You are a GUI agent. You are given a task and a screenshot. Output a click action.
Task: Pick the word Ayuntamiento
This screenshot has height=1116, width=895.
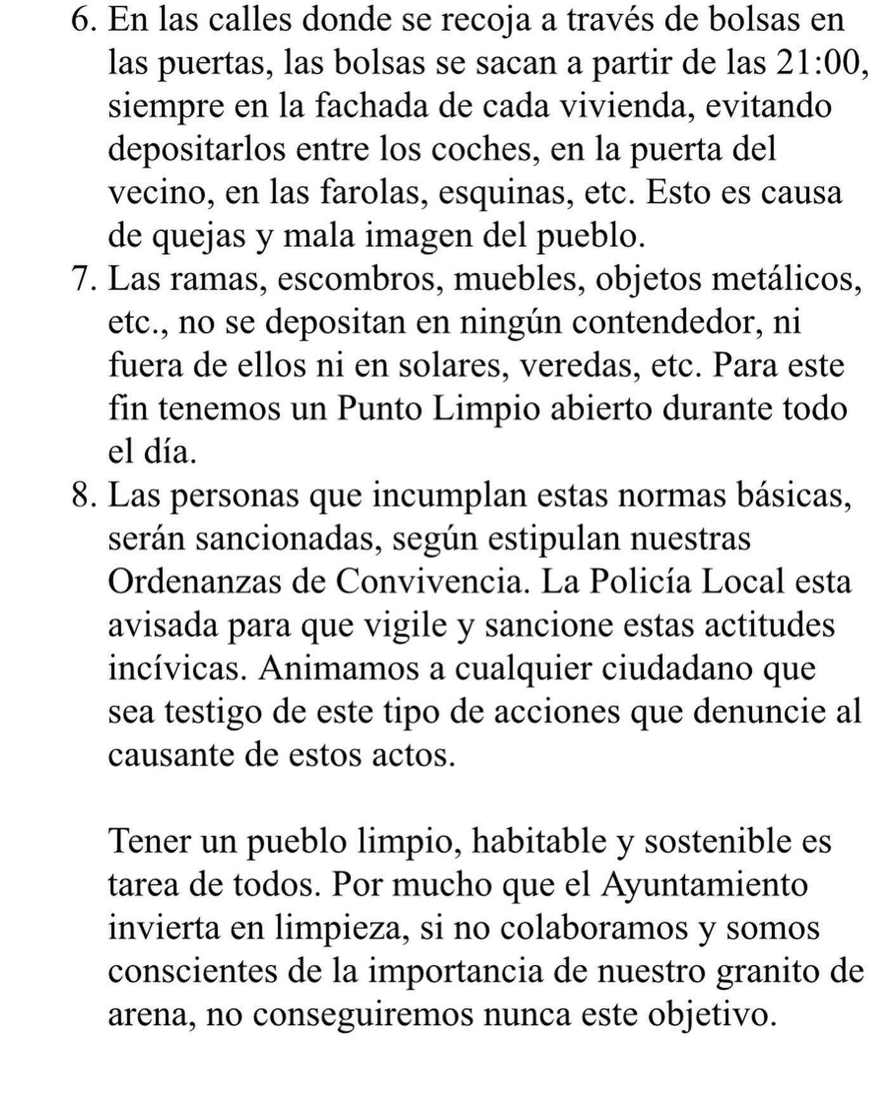[x=704, y=884]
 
